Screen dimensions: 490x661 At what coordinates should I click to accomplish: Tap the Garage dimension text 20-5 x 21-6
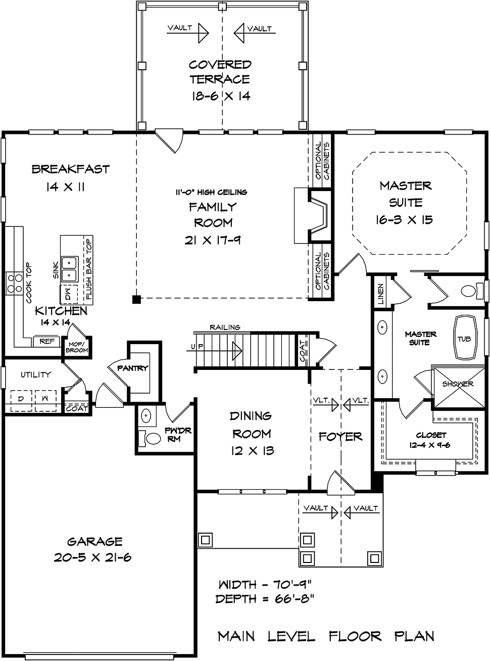coord(92,557)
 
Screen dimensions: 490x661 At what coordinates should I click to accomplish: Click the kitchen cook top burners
coord(14,283)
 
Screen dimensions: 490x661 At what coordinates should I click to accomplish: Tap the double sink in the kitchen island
coord(69,269)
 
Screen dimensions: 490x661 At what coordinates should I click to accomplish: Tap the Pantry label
coord(132,368)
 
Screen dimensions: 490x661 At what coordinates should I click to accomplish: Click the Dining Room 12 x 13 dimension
coord(252,450)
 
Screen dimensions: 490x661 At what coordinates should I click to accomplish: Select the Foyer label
coord(340,437)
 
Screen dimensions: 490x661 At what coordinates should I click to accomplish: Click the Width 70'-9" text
coord(265,585)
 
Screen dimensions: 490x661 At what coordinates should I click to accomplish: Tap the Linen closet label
coord(381,294)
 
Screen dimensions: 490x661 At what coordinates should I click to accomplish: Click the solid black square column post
coord(136,299)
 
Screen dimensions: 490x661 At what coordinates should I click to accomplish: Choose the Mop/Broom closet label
coord(77,347)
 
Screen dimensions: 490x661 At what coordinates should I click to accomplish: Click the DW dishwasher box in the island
coord(69,294)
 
